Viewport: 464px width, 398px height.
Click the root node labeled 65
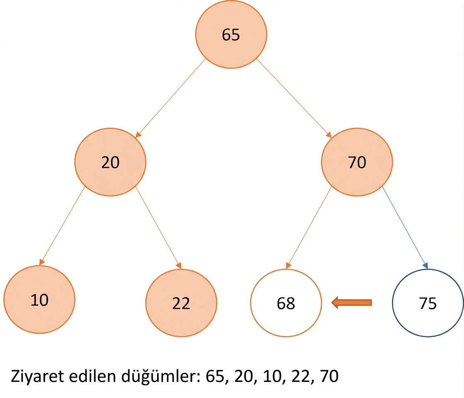[x=231, y=34]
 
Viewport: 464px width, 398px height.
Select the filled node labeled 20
[x=110, y=162]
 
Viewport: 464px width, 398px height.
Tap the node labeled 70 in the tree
[x=357, y=162]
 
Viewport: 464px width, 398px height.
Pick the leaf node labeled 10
[x=39, y=299]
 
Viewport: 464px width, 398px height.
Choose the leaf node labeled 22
[x=181, y=303]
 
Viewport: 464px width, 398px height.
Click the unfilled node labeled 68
[x=286, y=303]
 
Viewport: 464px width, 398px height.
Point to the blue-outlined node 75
[x=427, y=303]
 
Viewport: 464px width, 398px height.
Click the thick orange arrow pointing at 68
[x=352, y=303]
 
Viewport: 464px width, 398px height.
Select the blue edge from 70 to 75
[x=405, y=228]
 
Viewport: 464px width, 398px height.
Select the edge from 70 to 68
[x=309, y=228]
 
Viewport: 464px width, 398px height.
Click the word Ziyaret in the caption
[x=37, y=376]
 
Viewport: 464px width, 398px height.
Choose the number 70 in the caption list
[x=329, y=376]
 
